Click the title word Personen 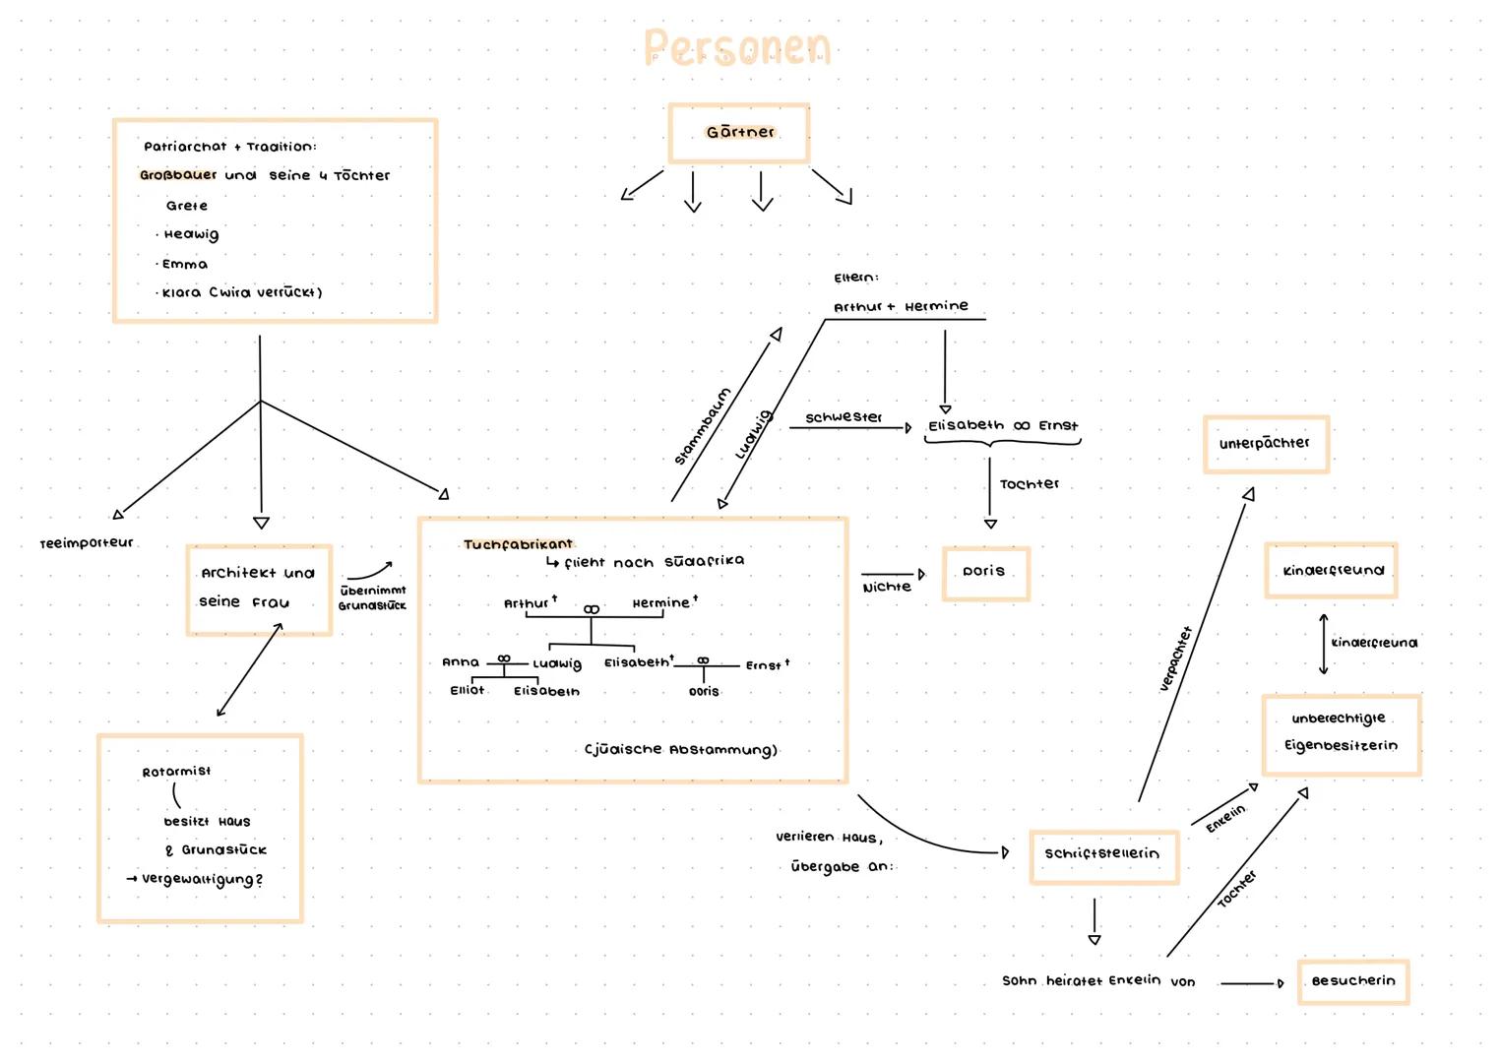point(737,48)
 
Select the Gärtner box point(738,133)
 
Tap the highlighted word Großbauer point(178,175)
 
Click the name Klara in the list point(181,292)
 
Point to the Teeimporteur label point(87,542)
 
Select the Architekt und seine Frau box point(259,589)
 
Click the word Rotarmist point(176,772)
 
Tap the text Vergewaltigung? point(203,879)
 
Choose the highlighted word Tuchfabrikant point(518,544)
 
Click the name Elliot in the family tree point(467,690)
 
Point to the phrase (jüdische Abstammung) point(681,750)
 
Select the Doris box point(985,573)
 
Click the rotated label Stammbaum point(703,426)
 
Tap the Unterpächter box point(1265,444)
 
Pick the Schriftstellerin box point(1102,854)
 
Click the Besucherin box point(1352,981)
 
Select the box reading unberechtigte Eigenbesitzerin point(1341,733)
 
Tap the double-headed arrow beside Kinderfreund point(1324,644)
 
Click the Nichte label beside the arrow point(887,588)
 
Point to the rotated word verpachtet point(1176,658)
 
